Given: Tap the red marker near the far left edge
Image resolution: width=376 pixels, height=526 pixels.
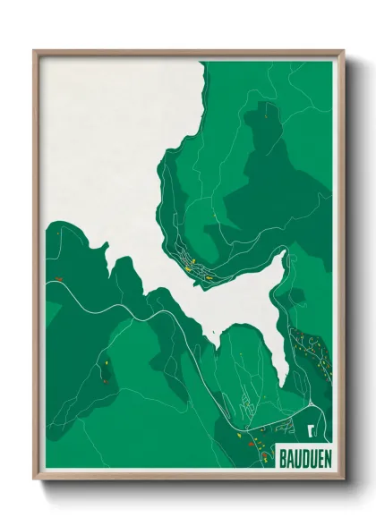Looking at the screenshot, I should (x=58, y=280).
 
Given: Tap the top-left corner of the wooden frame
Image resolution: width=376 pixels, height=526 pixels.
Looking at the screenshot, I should (x=35, y=52).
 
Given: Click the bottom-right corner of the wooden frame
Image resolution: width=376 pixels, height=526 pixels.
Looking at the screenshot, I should (x=342, y=477).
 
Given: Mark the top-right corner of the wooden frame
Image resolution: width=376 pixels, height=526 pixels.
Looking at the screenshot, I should (x=342, y=52).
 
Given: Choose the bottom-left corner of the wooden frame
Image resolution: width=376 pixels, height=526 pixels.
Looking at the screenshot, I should (x=35, y=477).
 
